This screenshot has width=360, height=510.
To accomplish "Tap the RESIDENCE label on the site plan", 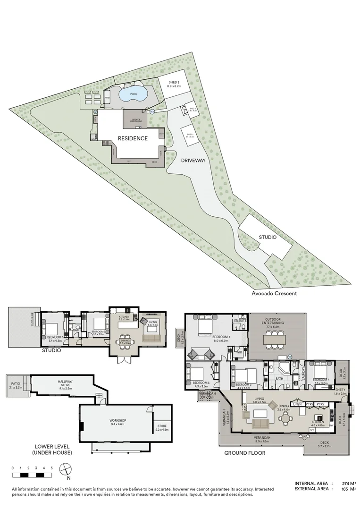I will click(x=133, y=138).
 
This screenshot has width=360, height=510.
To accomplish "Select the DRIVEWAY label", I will click(x=194, y=161).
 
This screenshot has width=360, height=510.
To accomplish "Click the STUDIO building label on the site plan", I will click(x=267, y=238).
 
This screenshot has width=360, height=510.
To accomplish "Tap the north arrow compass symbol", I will click(x=66, y=469).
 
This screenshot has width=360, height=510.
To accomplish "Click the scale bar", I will click(x=32, y=474).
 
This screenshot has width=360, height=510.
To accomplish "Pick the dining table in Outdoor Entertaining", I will click(x=272, y=339).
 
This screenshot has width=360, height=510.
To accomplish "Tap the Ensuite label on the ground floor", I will click(x=240, y=321).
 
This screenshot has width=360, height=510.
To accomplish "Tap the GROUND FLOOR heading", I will click(x=245, y=452).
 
